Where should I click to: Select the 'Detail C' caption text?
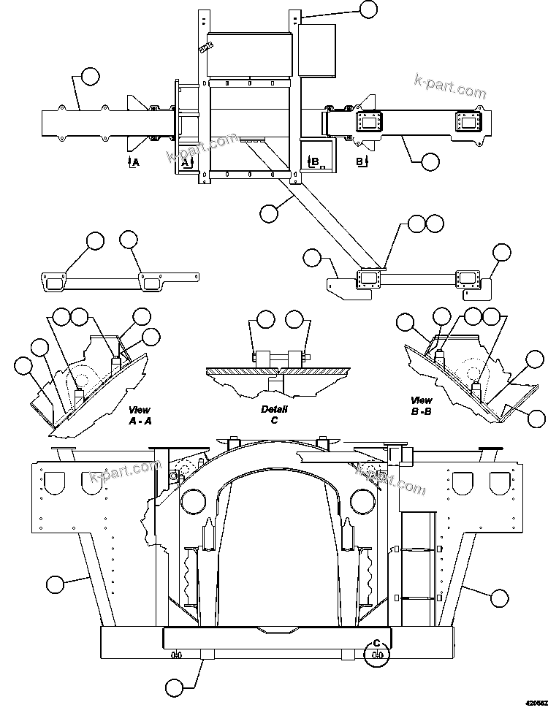pyautogui.click(x=274, y=414)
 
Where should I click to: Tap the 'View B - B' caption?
pyautogui.click(x=421, y=405)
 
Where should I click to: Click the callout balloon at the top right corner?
pyautogui.click(x=369, y=9)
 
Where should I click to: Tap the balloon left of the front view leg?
pyautogui.click(x=54, y=584)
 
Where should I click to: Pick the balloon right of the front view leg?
pyautogui.click(x=499, y=598)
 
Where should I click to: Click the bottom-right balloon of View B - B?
pyautogui.click(x=537, y=418)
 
